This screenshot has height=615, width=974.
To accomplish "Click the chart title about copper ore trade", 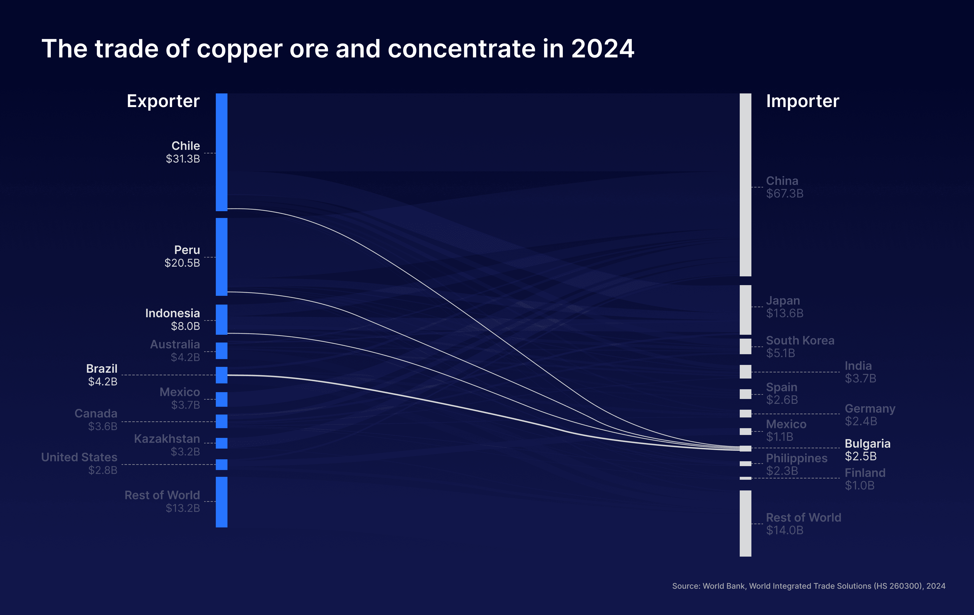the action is (338, 49).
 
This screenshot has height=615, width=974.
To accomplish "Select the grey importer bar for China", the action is (746, 185).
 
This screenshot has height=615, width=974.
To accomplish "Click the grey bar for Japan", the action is (746, 310).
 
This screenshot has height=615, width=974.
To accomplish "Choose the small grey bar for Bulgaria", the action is (746, 448).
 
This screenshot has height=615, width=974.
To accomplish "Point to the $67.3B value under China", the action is (785, 194).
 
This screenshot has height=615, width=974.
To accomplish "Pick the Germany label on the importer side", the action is (870, 409).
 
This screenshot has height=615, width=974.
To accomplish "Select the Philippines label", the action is (797, 458).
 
